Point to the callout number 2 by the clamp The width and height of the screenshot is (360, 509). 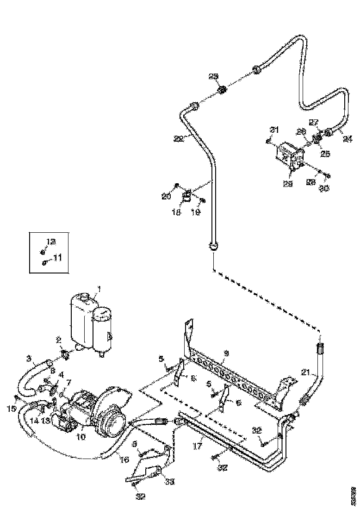tap(59, 340)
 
